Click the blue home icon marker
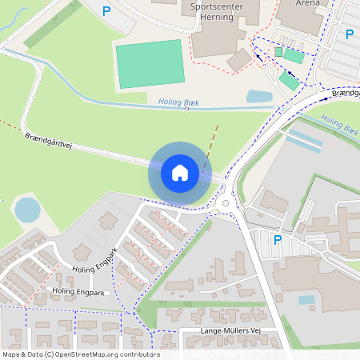point(179,172)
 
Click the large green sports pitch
point(150,63)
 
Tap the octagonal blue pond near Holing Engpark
point(27,210)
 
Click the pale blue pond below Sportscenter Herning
point(259,97)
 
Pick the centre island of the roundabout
point(226,203)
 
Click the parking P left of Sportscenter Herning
point(106,11)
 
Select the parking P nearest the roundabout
point(278,239)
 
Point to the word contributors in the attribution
point(141,354)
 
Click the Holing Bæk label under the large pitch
point(177,102)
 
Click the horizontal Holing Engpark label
point(78,292)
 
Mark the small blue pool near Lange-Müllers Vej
point(306,300)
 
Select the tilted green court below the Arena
point(289,81)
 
